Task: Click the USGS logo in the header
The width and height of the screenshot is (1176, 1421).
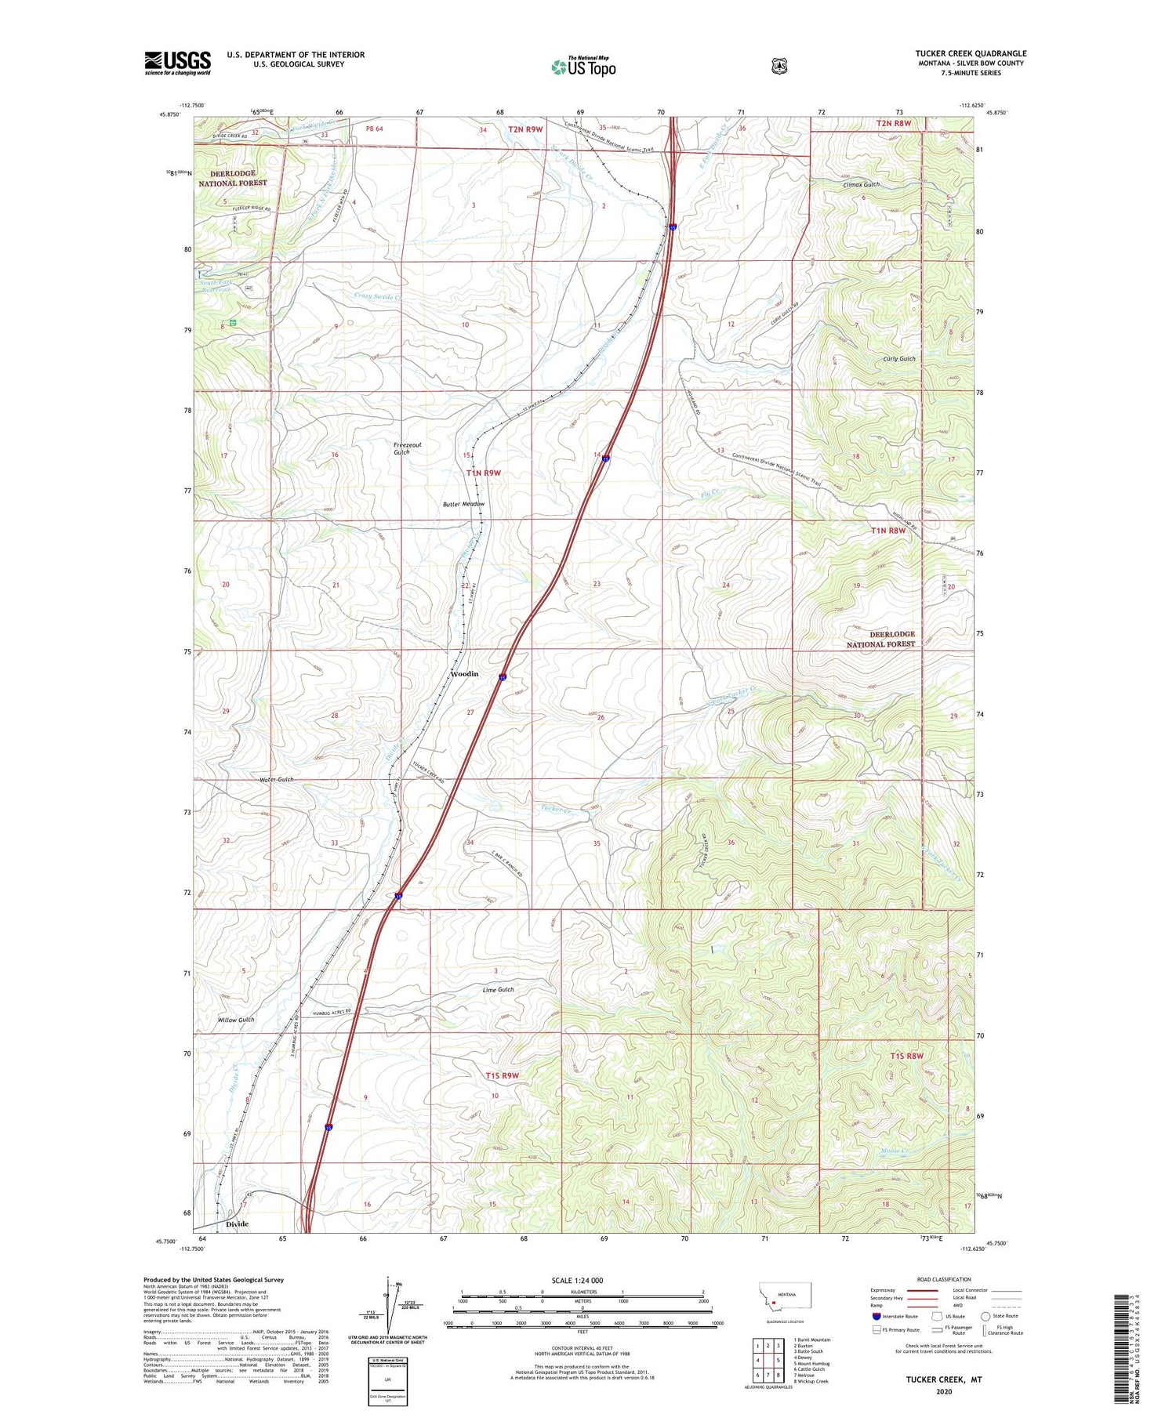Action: (177, 63)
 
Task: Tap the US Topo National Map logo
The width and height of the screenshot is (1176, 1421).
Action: (583, 67)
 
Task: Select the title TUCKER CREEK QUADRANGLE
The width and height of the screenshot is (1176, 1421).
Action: (971, 53)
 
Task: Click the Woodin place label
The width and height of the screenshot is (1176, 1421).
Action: (464, 673)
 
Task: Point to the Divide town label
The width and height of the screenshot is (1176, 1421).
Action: (237, 1223)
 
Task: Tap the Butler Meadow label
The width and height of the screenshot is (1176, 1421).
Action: (462, 504)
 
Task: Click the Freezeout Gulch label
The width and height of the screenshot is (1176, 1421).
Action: (407, 448)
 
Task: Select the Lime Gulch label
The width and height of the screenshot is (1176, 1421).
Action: (498, 990)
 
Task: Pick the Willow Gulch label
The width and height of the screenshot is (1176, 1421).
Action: (236, 1020)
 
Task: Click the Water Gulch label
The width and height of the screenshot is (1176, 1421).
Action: (277, 779)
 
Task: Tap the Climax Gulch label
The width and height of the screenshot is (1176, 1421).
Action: (861, 185)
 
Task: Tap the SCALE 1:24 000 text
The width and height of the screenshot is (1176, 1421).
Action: (577, 1280)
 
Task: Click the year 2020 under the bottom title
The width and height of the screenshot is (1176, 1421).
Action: (943, 1392)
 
